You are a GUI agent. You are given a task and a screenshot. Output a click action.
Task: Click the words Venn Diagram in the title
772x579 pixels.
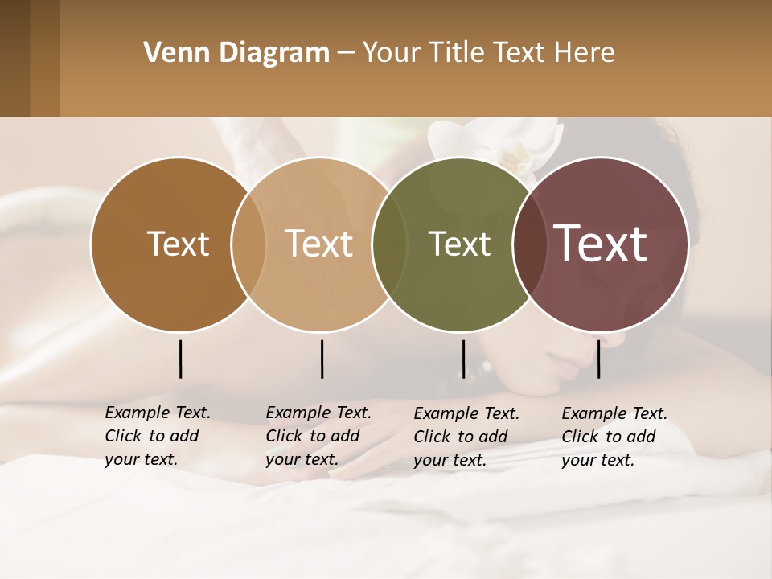click(x=236, y=53)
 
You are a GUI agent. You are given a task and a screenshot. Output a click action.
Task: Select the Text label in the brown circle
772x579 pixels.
click(x=178, y=244)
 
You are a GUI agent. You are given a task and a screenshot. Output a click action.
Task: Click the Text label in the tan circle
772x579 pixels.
click(x=318, y=244)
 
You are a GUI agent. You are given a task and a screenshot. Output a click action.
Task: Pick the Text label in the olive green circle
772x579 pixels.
click(x=459, y=244)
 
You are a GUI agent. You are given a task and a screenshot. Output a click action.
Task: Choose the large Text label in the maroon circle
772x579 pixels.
click(x=600, y=244)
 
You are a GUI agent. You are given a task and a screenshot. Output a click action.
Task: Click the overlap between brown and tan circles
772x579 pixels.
click(x=248, y=244)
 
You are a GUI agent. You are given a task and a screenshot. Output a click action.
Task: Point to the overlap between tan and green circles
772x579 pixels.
click(x=389, y=244)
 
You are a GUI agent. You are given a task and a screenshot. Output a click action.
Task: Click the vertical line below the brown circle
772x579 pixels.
click(x=180, y=359)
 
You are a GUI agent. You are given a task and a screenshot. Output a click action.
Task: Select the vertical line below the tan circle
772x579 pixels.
click(x=322, y=359)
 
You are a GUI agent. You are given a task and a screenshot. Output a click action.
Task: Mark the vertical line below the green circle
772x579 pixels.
click(x=463, y=359)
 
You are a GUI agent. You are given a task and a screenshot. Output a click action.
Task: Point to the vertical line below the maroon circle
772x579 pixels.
click(x=598, y=359)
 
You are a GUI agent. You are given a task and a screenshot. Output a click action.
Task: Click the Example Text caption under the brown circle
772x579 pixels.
click(x=157, y=436)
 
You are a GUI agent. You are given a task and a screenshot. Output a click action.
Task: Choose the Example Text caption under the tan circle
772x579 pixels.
click(x=318, y=436)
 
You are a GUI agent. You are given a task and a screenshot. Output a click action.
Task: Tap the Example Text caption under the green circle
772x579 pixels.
click(x=466, y=437)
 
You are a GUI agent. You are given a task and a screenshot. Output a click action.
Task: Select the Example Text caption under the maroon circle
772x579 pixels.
click(x=614, y=437)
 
